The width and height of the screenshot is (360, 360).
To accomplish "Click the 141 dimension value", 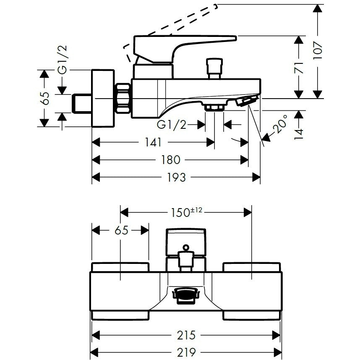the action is pyautogui.click(x=153, y=142).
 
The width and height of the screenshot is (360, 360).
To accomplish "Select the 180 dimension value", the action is pyautogui.click(x=170, y=160).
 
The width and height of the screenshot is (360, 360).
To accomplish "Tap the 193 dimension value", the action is pyautogui.click(x=176, y=177).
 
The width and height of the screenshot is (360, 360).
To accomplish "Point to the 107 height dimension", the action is pyautogui.click(x=318, y=50).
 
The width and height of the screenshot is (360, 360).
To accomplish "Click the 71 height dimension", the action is pyautogui.click(x=299, y=68).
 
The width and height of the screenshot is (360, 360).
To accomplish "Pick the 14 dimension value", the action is pyautogui.click(x=299, y=134).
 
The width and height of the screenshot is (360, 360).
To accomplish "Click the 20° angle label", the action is pyautogui.click(x=280, y=124).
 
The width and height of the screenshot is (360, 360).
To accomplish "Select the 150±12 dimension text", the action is pyautogui.click(x=186, y=212).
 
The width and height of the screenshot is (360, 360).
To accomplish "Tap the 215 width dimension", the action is pyautogui.click(x=186, y=335).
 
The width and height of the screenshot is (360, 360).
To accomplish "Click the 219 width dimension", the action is pyautogui.click(x=186, y=352).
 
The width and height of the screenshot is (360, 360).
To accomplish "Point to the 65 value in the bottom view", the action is pyautogui.click(x=121, y=230).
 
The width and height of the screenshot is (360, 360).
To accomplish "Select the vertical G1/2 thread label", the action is pyautogui.click(x=63, y=59).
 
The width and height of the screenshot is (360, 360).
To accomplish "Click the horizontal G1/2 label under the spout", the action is pyautogui.click(x=172, y=125).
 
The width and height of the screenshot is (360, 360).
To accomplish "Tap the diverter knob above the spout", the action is pyautogui.click(x=214, y=68).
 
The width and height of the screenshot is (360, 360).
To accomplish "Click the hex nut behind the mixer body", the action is pyautogui.click(x=123, y=98).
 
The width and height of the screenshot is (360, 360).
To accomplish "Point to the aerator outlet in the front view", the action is pyautogui.click(x=186, y=296).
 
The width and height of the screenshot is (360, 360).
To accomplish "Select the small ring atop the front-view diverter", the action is pyautogui.click(x=186, y=248).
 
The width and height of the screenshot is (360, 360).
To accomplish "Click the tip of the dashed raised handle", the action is pyautogui.click(x=215, y=6).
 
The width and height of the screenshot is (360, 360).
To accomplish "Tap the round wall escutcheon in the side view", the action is pyautogui.click(x=103, y=98).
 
